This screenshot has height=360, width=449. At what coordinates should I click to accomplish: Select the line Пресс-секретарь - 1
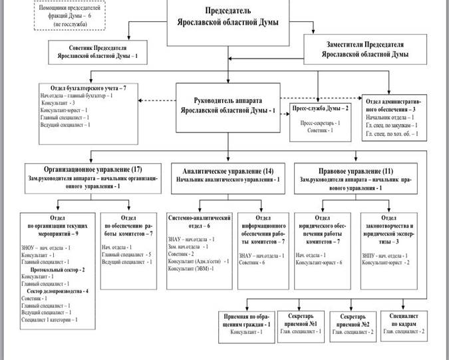pos(322,123)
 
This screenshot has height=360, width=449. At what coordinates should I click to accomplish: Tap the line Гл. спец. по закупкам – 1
pos(390,126)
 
